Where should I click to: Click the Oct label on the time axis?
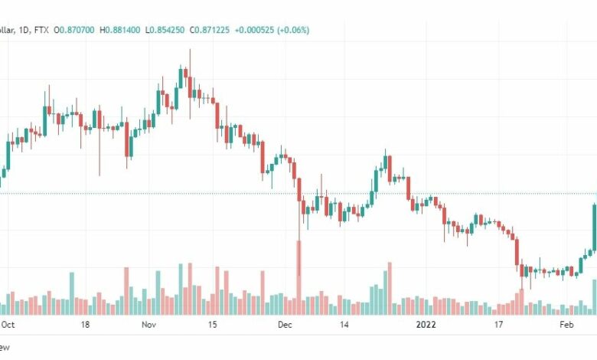point(8,325)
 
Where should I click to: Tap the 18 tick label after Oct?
point(85,325)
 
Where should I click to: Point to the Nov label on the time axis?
point(149,325)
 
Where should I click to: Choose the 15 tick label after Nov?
point(212,325)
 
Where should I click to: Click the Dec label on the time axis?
point(285,325)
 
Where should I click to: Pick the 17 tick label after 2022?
point(497,325)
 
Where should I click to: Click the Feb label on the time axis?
point(566,325)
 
